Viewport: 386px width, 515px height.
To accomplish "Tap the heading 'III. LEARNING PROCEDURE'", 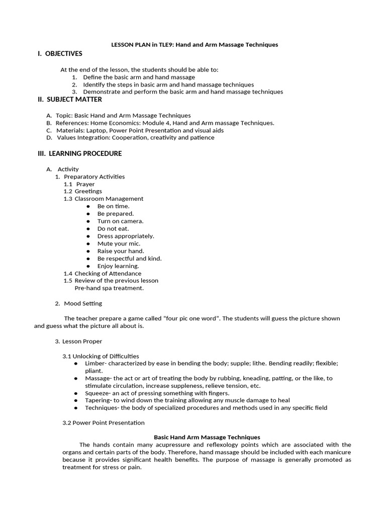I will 80,153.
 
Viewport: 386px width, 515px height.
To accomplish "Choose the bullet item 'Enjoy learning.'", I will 118,266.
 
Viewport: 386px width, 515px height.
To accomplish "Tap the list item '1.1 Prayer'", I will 79,184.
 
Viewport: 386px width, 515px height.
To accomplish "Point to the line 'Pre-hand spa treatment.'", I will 109,288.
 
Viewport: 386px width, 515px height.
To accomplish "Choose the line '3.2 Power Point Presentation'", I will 103,422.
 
